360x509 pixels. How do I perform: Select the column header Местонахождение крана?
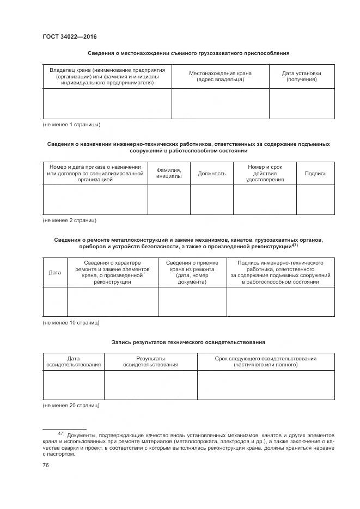[220, 76]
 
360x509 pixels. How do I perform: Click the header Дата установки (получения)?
[301, 76]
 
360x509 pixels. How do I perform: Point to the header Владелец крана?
[107, 76]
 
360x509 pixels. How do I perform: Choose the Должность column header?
[211, 174]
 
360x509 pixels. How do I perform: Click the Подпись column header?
[315, 174]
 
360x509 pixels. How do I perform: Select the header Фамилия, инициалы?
[169, 174]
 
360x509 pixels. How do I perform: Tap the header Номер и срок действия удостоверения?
[264, 174]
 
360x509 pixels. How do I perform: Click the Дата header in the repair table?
[55, 272]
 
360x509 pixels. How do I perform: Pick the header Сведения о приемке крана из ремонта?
[192, 272]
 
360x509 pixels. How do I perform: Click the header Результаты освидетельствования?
[150, 361]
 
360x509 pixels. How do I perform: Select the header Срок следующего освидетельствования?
[265, 361]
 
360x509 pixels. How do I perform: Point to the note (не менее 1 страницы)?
[71, 125]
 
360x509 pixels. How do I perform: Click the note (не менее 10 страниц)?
[71, 323]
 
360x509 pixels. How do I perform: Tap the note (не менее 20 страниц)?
[71, 406]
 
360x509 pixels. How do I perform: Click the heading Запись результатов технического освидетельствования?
[188, 342]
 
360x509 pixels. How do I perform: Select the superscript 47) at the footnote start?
[62, 433]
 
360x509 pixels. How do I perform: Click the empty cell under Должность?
[211, 200]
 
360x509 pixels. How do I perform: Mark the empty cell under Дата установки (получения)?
[301, 103]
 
